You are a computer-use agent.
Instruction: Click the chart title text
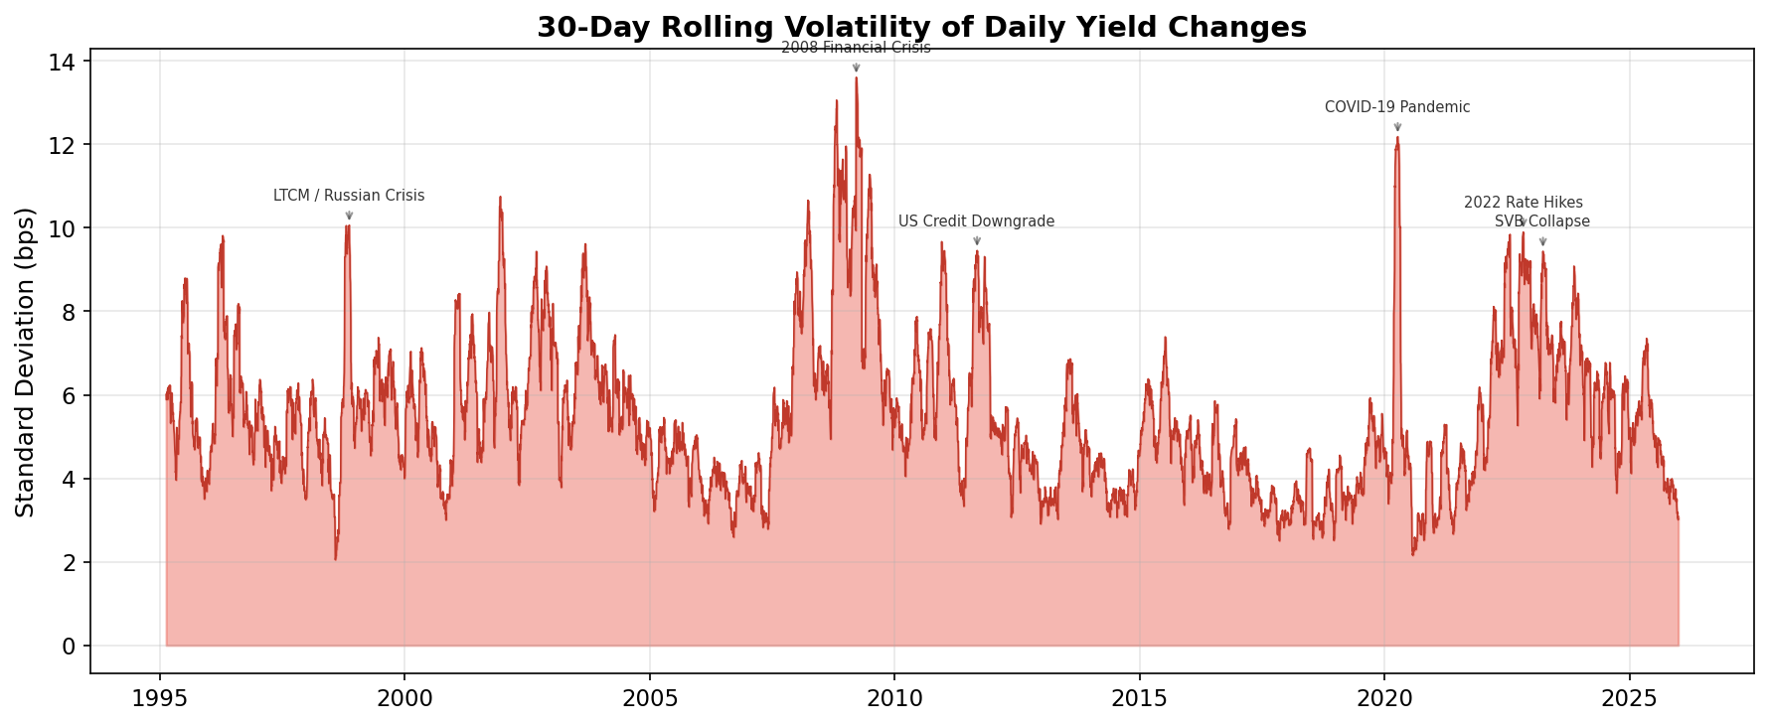click(921, 27)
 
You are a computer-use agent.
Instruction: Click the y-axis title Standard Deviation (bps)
click(26, 362)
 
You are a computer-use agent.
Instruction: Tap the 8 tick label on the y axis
click(69, 312)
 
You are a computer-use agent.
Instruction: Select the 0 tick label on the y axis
click(69, 647)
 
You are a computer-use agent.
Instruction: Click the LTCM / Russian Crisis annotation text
click(349, 196)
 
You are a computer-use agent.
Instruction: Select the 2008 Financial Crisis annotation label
click(856, 48)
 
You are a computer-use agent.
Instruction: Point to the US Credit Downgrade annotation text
click(976, 221)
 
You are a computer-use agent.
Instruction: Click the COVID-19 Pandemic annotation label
click(1397, 107)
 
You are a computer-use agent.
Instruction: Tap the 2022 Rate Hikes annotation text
click(1523, 203)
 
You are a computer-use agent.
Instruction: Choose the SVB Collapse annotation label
click(1542, 221)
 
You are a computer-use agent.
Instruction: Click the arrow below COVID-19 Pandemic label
click(1397, 127)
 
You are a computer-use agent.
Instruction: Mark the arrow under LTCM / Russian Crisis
click(349, 216)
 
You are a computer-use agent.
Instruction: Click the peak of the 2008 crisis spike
click(856, 78)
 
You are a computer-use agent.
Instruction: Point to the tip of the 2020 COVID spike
click(1397, 138)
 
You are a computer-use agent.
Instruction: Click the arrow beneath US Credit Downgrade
click(977, 241)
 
